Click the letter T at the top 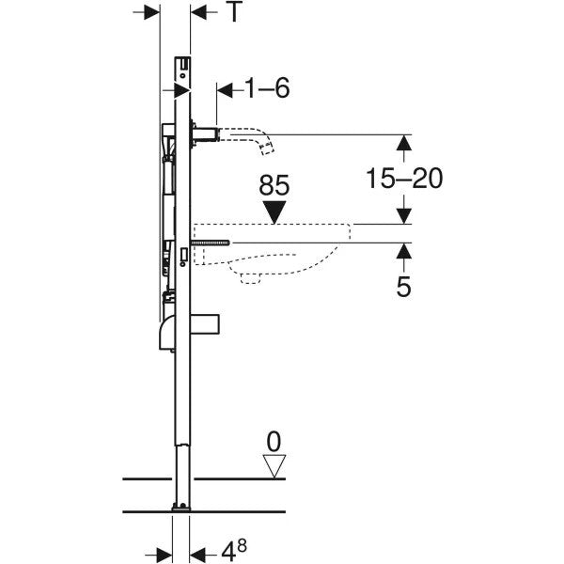click(x=234, y=11)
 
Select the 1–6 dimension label click(x=268, y=87)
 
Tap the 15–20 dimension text click(x=404, y=179)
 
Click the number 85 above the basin click(x=274, y=185)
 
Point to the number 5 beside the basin click(x=403, y=287)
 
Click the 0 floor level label click(x=274, y=442)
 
